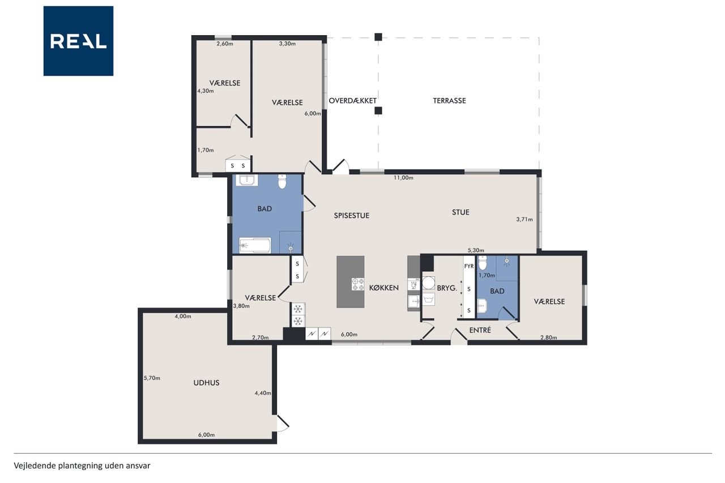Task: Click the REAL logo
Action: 78,41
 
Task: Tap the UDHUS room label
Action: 206,383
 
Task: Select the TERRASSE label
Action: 449,101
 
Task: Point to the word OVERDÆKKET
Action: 352,101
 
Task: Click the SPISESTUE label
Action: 352,216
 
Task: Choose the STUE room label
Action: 460,212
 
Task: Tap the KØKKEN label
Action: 383,288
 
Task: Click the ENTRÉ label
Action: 480,330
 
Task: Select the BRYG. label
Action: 447,288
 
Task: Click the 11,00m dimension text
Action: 403,178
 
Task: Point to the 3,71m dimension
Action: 524,219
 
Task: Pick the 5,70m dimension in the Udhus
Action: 152,378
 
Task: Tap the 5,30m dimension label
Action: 476,250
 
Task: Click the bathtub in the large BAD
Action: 255,245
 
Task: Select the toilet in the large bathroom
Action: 282,182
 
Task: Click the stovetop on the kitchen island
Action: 357,284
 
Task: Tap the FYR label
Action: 468,266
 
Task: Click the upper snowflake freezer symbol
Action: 298,309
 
